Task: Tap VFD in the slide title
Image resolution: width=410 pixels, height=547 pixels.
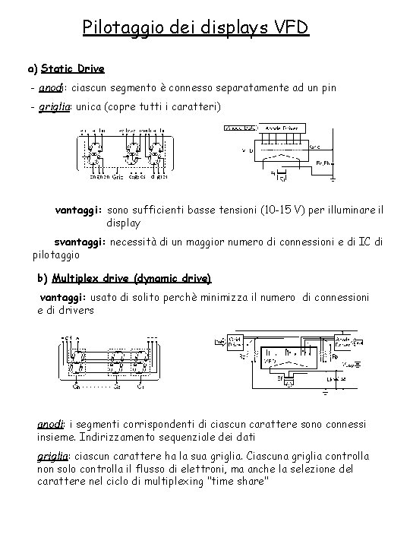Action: [x=290, y=28]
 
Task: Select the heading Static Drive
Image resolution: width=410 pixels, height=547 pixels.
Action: [x=73, y=68]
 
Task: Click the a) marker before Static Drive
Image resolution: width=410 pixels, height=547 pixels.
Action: [x=32, y=68]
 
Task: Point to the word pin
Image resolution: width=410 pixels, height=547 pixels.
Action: [x=327, y=88]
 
